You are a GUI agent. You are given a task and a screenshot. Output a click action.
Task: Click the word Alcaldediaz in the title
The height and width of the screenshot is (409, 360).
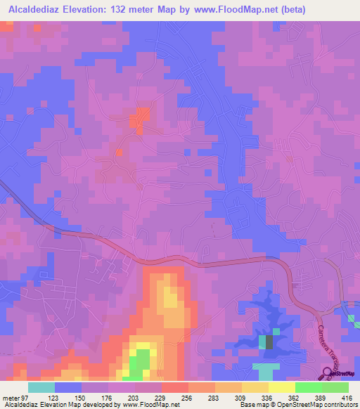(34, 10)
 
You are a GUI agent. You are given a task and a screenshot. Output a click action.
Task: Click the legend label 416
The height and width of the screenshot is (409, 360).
(346, 398)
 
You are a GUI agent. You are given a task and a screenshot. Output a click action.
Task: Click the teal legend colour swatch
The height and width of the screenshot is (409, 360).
(41, 387)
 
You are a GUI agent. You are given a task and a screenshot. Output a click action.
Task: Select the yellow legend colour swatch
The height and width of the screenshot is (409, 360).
(281, 387)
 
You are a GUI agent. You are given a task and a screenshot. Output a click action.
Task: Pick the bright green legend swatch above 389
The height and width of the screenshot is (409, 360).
(308, 387)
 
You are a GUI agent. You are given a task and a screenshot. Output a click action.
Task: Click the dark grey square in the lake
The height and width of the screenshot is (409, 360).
(268, 342)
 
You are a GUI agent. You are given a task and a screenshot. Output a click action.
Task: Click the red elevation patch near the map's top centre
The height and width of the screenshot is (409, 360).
(141, 117)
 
